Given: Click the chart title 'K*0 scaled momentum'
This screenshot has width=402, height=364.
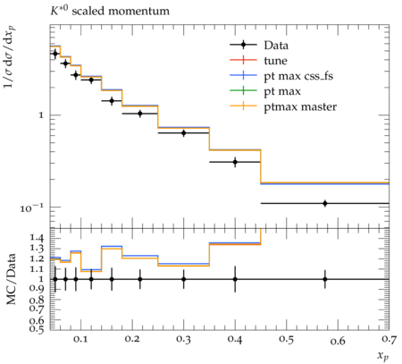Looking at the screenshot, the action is point(110,11).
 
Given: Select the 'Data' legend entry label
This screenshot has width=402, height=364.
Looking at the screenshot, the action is point(276,46).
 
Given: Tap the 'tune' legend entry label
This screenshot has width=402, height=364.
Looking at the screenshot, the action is point(275,61).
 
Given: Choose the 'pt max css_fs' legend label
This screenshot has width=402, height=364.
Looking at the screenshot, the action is point(298,76).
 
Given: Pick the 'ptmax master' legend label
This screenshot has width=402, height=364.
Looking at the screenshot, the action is point(300,106).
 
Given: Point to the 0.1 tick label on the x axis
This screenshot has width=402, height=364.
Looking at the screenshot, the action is point(80,339).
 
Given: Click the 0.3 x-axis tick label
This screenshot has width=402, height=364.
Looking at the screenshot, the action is point(183,339).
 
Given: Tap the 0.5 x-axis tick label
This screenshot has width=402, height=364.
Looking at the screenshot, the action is point(286,339).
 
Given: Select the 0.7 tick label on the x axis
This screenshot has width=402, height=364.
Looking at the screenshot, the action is point(389,339).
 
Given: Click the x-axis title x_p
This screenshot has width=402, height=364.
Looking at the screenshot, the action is point(383,356).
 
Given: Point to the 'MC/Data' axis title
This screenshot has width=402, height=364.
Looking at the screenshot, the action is point(12,279).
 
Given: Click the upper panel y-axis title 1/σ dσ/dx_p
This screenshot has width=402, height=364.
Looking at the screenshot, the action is point(10,57).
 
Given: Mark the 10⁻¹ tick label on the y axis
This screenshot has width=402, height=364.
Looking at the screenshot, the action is point(29,207).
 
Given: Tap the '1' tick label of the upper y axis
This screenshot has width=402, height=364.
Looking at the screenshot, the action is point(41,115).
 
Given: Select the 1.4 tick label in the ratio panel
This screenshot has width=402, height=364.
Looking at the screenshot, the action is point(37,238).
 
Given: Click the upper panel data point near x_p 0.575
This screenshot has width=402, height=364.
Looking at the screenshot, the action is point(325,203).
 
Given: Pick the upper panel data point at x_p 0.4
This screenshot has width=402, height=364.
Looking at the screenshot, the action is point(235,162).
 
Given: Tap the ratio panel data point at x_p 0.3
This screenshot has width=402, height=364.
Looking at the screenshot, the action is point(183,279).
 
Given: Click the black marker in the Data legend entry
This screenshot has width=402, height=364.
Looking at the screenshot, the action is point(243,45).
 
